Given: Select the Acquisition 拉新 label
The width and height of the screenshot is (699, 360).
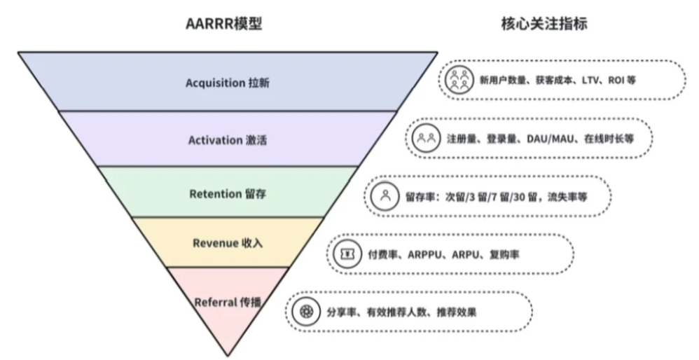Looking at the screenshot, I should [x=227, y=83].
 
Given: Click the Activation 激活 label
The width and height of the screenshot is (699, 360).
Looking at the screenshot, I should [x=227, y=140].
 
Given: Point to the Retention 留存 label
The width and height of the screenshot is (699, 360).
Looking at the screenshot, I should [x=227, y=193].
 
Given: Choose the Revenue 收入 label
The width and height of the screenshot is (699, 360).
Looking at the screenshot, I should [x=227, y=243].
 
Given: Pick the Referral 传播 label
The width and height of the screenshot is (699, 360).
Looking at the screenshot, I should [x=227, y=302].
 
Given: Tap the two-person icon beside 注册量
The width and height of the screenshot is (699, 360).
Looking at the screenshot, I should [x=426, y=138].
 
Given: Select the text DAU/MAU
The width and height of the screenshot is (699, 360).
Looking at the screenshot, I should [x=549, y=139].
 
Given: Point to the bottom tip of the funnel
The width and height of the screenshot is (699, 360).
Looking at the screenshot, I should [x=227, y=355].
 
